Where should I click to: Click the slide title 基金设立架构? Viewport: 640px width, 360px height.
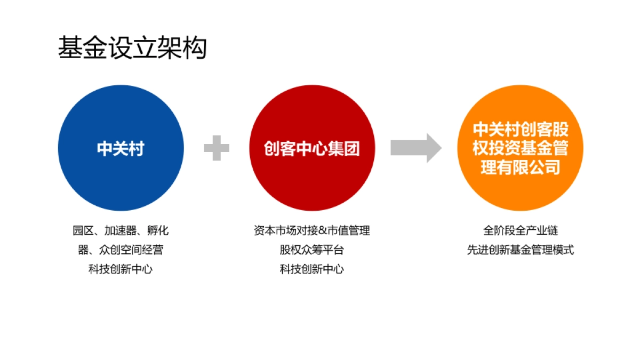point(132,48)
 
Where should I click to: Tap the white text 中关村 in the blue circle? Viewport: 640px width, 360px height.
point(121,148)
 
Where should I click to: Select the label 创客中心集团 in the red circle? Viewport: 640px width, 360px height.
point(312,148)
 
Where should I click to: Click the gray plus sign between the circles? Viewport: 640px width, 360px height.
point(217,148)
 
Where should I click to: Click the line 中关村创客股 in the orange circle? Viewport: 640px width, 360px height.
point(521,130)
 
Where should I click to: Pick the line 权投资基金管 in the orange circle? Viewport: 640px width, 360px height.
point(521,148)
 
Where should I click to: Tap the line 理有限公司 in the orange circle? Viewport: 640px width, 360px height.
point(521,167)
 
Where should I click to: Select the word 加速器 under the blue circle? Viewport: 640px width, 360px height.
point(121,231)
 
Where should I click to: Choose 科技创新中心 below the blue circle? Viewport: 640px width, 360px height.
point(121,269)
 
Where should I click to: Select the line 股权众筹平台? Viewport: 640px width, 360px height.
point(312,250)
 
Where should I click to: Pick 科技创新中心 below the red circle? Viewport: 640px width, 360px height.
point(312,269)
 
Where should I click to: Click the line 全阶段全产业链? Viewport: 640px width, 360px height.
point(521,231)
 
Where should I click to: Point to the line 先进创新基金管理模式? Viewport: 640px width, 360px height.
point(521,250)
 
